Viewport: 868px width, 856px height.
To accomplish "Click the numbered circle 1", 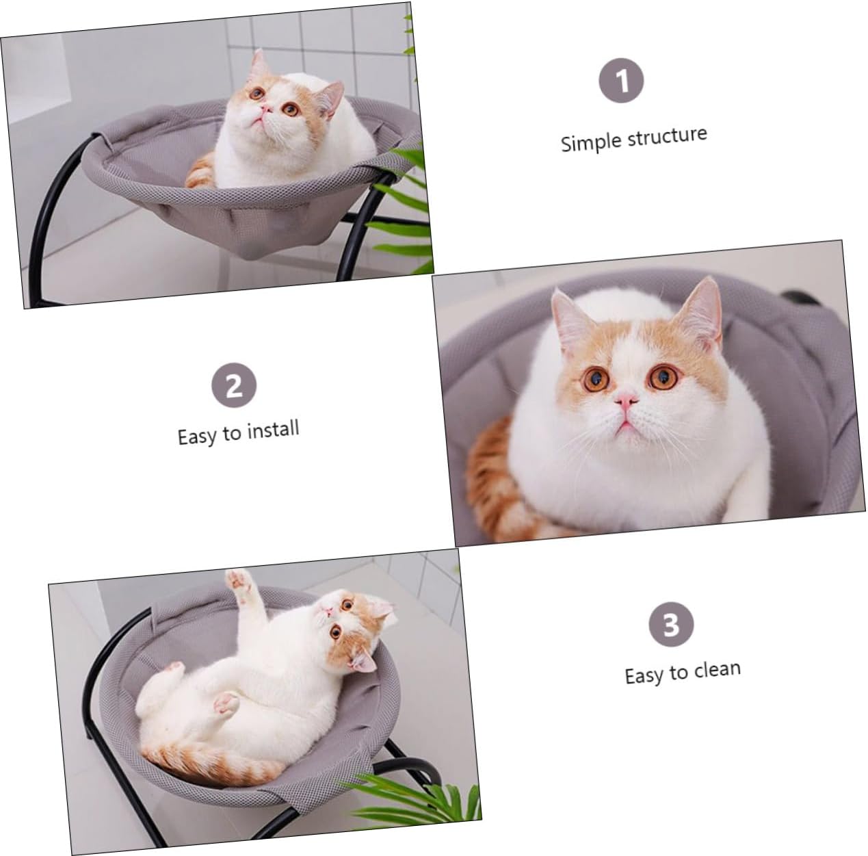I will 622,81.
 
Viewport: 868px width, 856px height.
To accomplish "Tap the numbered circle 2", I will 234,386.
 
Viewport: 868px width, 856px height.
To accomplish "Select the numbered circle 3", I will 671,624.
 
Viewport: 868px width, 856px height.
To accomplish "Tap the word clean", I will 717,669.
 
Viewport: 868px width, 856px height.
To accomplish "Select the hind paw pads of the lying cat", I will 226,702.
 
